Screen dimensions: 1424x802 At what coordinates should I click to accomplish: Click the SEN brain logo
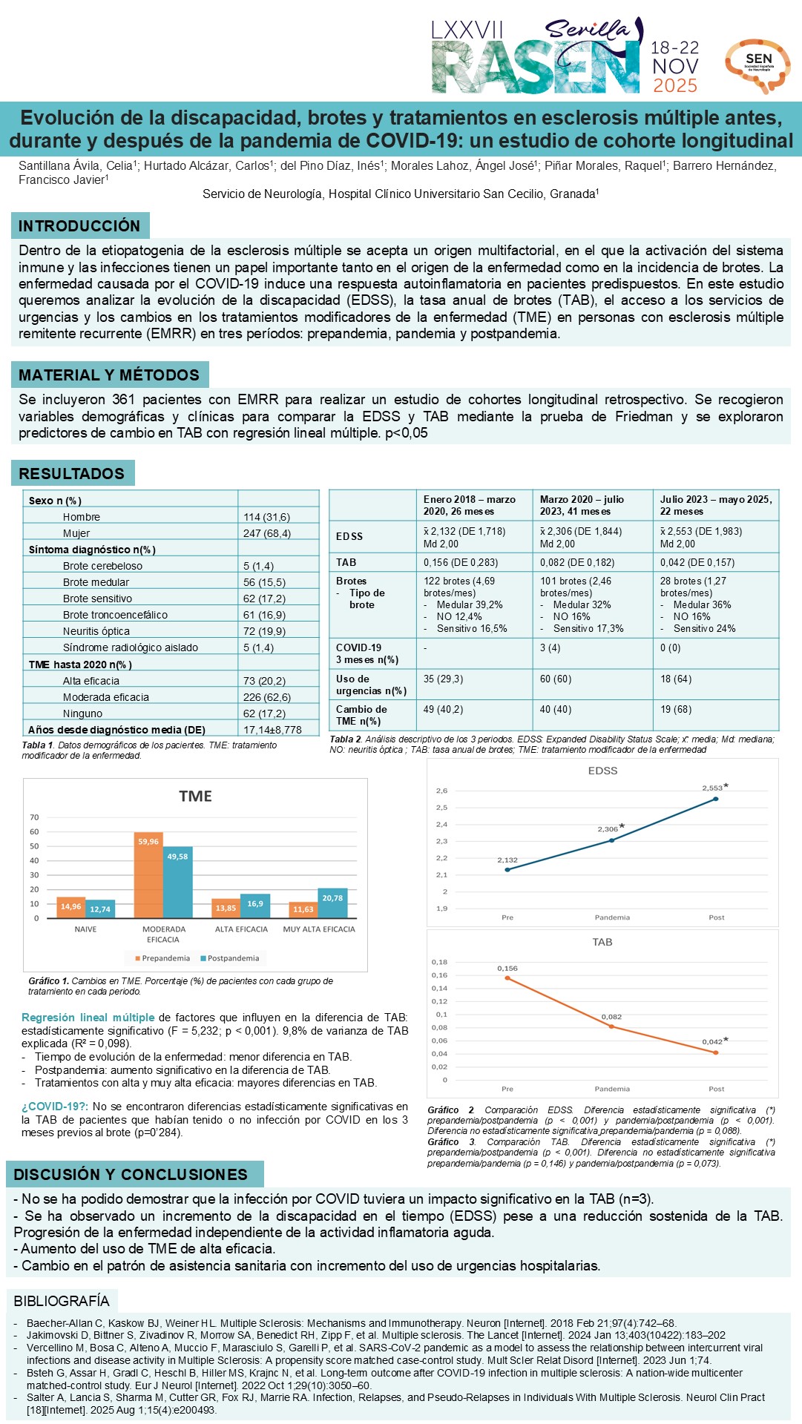(757, 65)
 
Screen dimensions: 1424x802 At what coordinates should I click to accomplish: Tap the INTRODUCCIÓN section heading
(79, 225)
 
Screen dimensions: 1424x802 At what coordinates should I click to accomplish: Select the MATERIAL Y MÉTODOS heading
(109, 375)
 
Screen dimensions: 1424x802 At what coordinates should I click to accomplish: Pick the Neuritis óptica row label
(96, 631)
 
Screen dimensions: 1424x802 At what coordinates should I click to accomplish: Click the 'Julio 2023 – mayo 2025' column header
(716, 505)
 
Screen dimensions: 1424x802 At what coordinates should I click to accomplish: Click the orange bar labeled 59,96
(148, 875)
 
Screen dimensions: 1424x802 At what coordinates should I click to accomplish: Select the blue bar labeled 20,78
(332, 903)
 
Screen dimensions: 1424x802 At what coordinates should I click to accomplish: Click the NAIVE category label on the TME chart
(85, 929)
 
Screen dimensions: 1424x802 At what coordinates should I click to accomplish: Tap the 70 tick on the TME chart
(34, 817)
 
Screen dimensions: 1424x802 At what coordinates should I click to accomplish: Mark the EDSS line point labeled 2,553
(716, 799)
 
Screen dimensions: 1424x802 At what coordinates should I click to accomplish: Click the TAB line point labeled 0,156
(507, 978)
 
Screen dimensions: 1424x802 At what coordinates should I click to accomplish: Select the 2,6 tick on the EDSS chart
(441, 791)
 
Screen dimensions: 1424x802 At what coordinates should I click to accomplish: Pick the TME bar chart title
(195, 796)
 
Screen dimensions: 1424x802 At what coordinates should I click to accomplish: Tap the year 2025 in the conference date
(674, 85)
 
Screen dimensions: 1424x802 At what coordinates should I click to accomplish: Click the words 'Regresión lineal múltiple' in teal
(88, 1018)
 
